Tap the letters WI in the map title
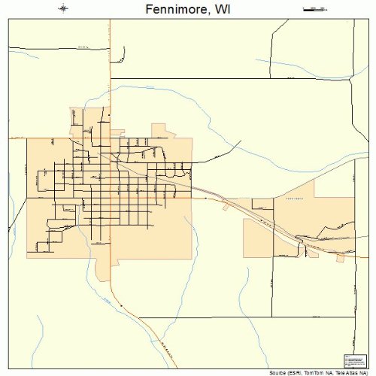coord(223,10)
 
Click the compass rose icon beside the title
coord(63,9)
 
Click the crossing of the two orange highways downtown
coord(111,160)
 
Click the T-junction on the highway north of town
coord(111,77)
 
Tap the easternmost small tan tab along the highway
coord(340,258)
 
